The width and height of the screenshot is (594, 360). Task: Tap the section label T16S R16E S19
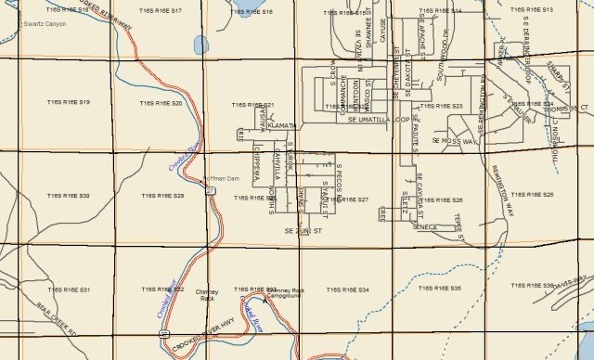pos(71,101)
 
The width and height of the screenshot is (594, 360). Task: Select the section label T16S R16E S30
pos(71,196)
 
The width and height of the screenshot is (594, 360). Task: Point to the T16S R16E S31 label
pos(71,290)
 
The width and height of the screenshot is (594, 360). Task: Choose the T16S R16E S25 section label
pos(535,196)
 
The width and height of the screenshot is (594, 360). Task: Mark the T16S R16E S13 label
pos(533,9)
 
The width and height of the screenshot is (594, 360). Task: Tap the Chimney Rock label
pos(207,295)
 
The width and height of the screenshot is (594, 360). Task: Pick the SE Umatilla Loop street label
pos(379,120)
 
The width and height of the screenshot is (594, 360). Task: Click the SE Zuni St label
pos(303,229)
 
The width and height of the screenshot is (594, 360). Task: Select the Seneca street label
pos(425,226)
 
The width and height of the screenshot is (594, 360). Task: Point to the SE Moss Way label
pos(455,141)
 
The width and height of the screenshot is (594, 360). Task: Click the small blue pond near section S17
pos(200,44)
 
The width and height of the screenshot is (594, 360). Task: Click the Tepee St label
pos(460,225)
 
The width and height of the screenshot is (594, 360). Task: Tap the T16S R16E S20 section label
pos(163,103)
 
